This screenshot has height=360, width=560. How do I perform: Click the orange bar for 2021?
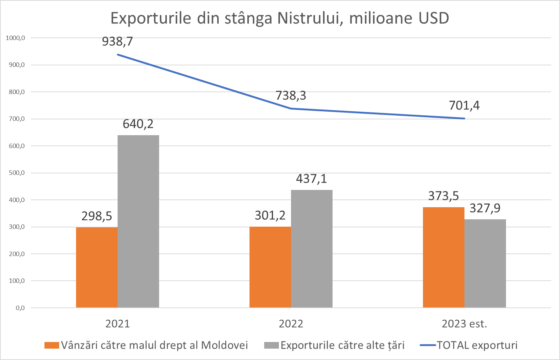tap(97, 267)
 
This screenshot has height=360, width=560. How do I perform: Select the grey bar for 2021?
tap(138, 221)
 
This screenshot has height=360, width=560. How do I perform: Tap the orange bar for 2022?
tap(270, 267)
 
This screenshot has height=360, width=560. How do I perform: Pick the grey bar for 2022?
tap(312, 249)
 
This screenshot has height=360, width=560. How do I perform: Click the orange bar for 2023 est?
tap(444, 257)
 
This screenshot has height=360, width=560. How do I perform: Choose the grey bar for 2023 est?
tap(485, 263)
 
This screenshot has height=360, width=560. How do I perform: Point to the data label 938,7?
tap(117, 42)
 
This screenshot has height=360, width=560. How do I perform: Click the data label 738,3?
tap(291, 96)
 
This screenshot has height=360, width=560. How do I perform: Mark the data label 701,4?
tap(464, 106)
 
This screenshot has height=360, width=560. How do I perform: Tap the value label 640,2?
tap(138, 124)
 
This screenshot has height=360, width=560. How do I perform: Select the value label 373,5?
tap(444, 196)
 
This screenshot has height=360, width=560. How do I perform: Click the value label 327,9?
tap(485, 208)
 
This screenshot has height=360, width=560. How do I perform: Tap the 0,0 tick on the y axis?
tap(20, 308)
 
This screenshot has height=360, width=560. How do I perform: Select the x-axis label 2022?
tap(291, 324)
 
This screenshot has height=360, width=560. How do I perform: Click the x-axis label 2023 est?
tap(464, 324)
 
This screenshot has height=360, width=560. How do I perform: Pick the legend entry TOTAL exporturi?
tap(477, 345)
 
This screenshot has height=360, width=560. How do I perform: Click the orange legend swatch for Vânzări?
tap(51, 345)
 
